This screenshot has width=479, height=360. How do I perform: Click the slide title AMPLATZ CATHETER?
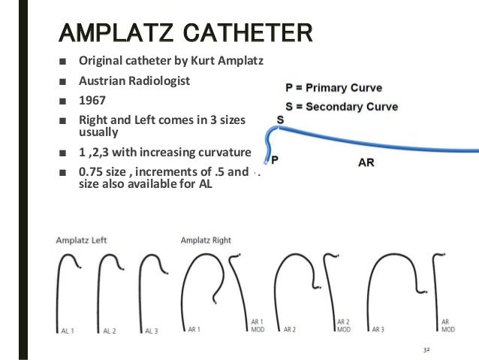click(x=185, y=33)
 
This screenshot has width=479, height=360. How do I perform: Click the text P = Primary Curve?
click(x=333, y=88)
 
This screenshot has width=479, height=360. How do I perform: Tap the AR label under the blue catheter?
click(x=366, y=161)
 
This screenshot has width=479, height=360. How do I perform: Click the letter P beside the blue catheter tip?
click(x=275, y=160)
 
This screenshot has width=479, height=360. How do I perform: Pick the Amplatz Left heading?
click(x=80, y=240)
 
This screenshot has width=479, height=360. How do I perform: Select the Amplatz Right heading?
click(x=206, y=240)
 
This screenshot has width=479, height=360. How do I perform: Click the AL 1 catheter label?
click(x=68, y=330)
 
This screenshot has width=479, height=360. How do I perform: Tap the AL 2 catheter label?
click(x=110, y=330)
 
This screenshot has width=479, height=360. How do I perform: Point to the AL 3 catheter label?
click(x=152, y=330)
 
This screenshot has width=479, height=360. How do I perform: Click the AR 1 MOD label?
click(x=258, y=325)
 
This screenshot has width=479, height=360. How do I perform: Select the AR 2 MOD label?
click(x=344, y=325)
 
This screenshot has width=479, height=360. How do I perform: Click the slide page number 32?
click(x=427, y=350)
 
